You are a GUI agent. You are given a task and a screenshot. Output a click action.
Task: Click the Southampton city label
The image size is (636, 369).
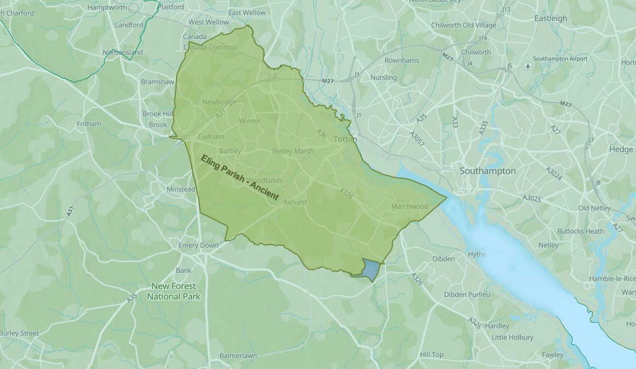pyautogui.click(x=487, y=171)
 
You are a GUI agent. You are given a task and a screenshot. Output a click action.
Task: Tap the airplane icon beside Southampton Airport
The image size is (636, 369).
pyautogui.click(x=527, y=66)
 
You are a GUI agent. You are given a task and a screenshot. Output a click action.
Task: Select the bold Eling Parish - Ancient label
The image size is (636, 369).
pyautogui.click(x=239, y=178)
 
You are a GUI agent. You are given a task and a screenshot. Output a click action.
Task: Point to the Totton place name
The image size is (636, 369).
pyautogui.click(x=345, y=139)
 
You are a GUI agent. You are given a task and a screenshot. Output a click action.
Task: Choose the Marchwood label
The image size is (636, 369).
pyautogui.click(x=409, y=207)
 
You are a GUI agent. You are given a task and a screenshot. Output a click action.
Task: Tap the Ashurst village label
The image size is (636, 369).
pyautogui.click(x=295, y=202)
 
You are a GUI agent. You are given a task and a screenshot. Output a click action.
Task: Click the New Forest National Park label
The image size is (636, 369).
pyautogui.click(x=174, y=291)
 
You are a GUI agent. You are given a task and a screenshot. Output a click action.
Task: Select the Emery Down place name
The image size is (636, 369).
pyautogui.click(x=198, y=245)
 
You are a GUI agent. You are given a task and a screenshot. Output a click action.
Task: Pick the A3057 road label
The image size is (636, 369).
pyautogui.click(x=417, y=138)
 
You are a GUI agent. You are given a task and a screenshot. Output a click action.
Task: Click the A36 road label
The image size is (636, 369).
pyautogui.click(x=322, y=134)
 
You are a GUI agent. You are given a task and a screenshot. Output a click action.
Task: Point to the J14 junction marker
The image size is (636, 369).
pyautogui.click(x=482, y=38)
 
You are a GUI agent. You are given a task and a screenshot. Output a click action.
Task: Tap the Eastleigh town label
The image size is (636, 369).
pyautogui.click(x=550, y=19)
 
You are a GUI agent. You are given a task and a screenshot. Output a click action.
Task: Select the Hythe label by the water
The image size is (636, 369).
pyautogui.click(x=476, y=255)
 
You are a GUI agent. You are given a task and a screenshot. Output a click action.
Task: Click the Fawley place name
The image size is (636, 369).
pyautogui.click(x=552, y=355)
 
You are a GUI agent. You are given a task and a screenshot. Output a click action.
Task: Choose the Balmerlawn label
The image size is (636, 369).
pyautogui.click(x=238, y=356)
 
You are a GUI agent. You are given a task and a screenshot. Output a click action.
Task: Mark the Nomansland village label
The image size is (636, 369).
pyautogui.click(x=122, y=53)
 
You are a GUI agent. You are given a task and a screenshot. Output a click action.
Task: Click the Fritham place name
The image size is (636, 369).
pyautogui.click(x=89, y=124)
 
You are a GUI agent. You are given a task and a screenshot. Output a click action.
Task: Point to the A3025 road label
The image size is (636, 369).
pyautogui.click(x=531, y=198)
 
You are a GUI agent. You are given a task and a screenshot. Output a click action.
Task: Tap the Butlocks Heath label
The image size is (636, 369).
pyautogui.click(x=580, y=231)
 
